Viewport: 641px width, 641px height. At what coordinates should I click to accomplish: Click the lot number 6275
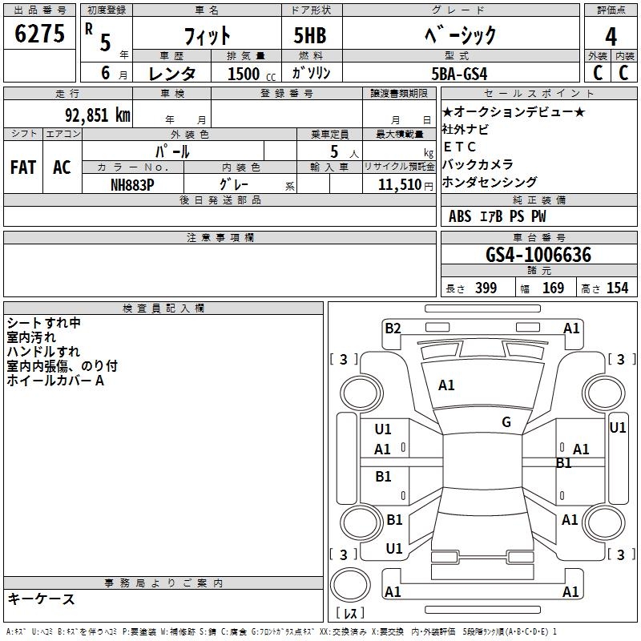39,34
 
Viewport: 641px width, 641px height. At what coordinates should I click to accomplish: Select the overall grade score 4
611,36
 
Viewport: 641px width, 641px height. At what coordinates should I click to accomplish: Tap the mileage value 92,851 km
98,115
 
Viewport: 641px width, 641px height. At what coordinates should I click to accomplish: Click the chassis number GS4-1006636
538,255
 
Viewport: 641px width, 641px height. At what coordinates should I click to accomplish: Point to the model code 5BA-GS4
459,74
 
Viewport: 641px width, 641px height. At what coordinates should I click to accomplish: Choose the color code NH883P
132,185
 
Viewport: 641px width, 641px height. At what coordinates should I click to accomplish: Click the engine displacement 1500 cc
252,74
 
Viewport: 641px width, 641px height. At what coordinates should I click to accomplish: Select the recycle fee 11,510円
405,185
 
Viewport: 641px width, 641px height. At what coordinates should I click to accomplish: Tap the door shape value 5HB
310,35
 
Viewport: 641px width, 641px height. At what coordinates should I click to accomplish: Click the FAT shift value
23,167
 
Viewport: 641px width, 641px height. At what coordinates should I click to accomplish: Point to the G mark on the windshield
506,422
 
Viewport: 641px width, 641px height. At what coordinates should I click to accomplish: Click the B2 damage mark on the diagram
393,329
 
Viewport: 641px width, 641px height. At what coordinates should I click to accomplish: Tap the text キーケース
42,599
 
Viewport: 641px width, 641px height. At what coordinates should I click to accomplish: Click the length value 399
486,288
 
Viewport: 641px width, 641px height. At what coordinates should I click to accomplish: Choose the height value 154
617,288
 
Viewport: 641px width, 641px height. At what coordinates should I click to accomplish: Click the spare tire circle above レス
350,584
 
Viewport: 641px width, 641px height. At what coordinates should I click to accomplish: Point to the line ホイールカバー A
55,381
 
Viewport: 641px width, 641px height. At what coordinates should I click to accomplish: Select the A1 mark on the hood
446,385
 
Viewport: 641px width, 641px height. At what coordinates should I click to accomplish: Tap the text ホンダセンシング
490,182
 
